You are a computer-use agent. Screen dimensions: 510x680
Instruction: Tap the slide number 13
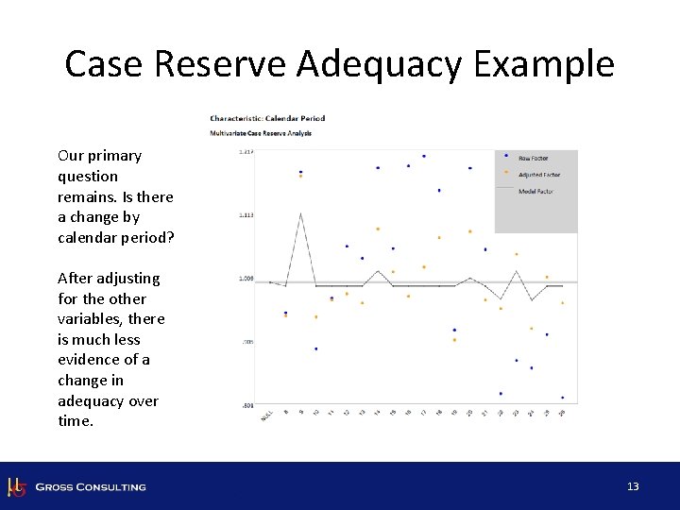point(633,486)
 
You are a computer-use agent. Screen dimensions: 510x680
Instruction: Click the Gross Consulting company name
point(91,487)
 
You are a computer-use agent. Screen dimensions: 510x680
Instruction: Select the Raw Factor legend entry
point(534,158)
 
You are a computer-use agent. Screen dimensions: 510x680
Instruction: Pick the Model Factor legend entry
point(535,192)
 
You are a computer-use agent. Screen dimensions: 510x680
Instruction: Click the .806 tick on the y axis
point(246,406)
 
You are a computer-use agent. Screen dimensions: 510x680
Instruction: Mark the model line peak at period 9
point(300,213)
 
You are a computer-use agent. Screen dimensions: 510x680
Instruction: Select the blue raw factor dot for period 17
point(424,156)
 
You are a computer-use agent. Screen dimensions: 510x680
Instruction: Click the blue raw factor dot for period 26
point(562,398)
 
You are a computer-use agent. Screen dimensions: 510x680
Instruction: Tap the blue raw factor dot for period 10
point(315,348)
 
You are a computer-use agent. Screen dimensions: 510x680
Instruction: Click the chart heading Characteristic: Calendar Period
point(267,118)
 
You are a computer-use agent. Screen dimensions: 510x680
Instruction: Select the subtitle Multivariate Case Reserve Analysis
point(261,133)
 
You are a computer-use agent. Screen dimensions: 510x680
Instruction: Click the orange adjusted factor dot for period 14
point(378,229)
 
